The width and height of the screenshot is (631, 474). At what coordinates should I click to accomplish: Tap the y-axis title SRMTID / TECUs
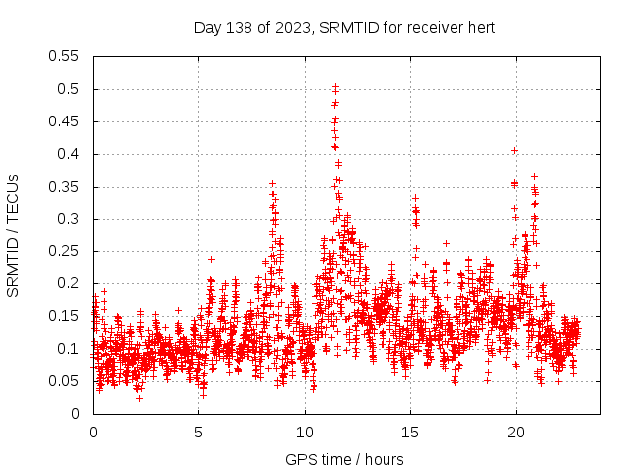pyautogui.click(x=13, y=235)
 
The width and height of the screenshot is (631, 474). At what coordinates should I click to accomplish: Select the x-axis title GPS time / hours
pyautogui.click(x=344, y=459)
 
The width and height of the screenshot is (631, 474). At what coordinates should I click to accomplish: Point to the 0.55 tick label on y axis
pyautogui.click(x=64, y=56)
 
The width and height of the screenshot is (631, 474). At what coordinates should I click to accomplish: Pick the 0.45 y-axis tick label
pyautogui.click(x=64, y=121)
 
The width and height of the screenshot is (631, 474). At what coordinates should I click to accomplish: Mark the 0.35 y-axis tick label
pyautogui.click(x=64, y=187)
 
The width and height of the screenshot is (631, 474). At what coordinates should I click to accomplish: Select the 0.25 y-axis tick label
pyautogui.click(x=64, y=251)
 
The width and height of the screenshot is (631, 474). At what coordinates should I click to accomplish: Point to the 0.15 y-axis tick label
pyautogui.click(x=64, y=316)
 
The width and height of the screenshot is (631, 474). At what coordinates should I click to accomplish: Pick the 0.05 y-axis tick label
pyautogui.click(x=64, y=381)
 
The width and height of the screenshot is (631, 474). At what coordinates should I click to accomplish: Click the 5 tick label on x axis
pyautogui.click(x=199, y=433)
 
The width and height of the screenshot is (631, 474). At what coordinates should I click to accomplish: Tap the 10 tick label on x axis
pyautogui.click(x=305, y=433)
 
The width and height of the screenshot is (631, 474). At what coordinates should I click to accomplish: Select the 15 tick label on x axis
pyautogui.click(x=410, y=433)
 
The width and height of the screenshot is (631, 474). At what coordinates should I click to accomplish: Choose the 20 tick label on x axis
pyautogui.click(x=516, y=433)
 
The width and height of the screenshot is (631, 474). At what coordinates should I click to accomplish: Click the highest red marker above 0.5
pyautogui.click(x=335, y=87)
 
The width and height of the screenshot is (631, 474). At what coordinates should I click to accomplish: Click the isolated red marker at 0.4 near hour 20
pyautogui.click(x=514, y=151)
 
